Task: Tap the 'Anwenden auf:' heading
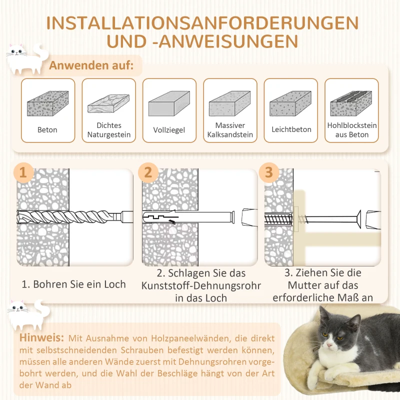[x=91, y=66]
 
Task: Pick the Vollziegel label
[x=169, y=130]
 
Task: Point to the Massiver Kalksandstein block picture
[x=230, y=103]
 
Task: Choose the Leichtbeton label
[x=291, y=129]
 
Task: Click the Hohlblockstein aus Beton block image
[x=351, y=103]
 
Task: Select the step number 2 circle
[x=147, y=172]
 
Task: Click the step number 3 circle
[x=269, y=172]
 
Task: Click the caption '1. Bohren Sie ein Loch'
[x=73, y=284]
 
